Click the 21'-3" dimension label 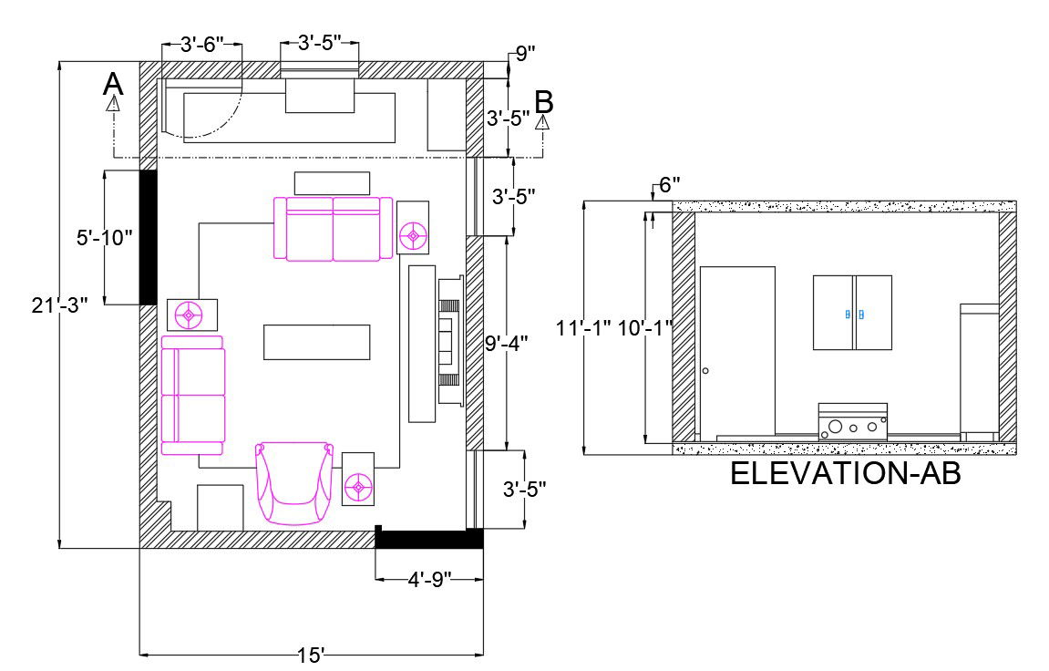(x=60, y=305)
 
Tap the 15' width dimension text (x=311, y=656)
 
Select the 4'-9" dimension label (x=429, y=579)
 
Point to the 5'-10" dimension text (x=105, y=237)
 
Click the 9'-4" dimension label (x=507, y=343)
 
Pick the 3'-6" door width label (x=202, y=45)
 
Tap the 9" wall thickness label (x=525, y=54)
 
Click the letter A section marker (x=113, y=85)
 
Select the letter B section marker (x=544, y=102)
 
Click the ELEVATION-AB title (x=846, y=473)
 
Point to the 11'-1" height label (x=583, y=328)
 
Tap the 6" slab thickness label (x=670, y=185)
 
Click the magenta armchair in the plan (x=293, y=482)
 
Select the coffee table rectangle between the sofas (x=316, y=343)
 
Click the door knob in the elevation (x=705, y=371)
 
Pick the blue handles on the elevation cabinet (x=853, y=314)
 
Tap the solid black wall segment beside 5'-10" (x=148, y=237)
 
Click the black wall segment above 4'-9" (x=429, y=539)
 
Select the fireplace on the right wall (x=451, y=341)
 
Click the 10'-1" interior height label (x=645, y=328)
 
